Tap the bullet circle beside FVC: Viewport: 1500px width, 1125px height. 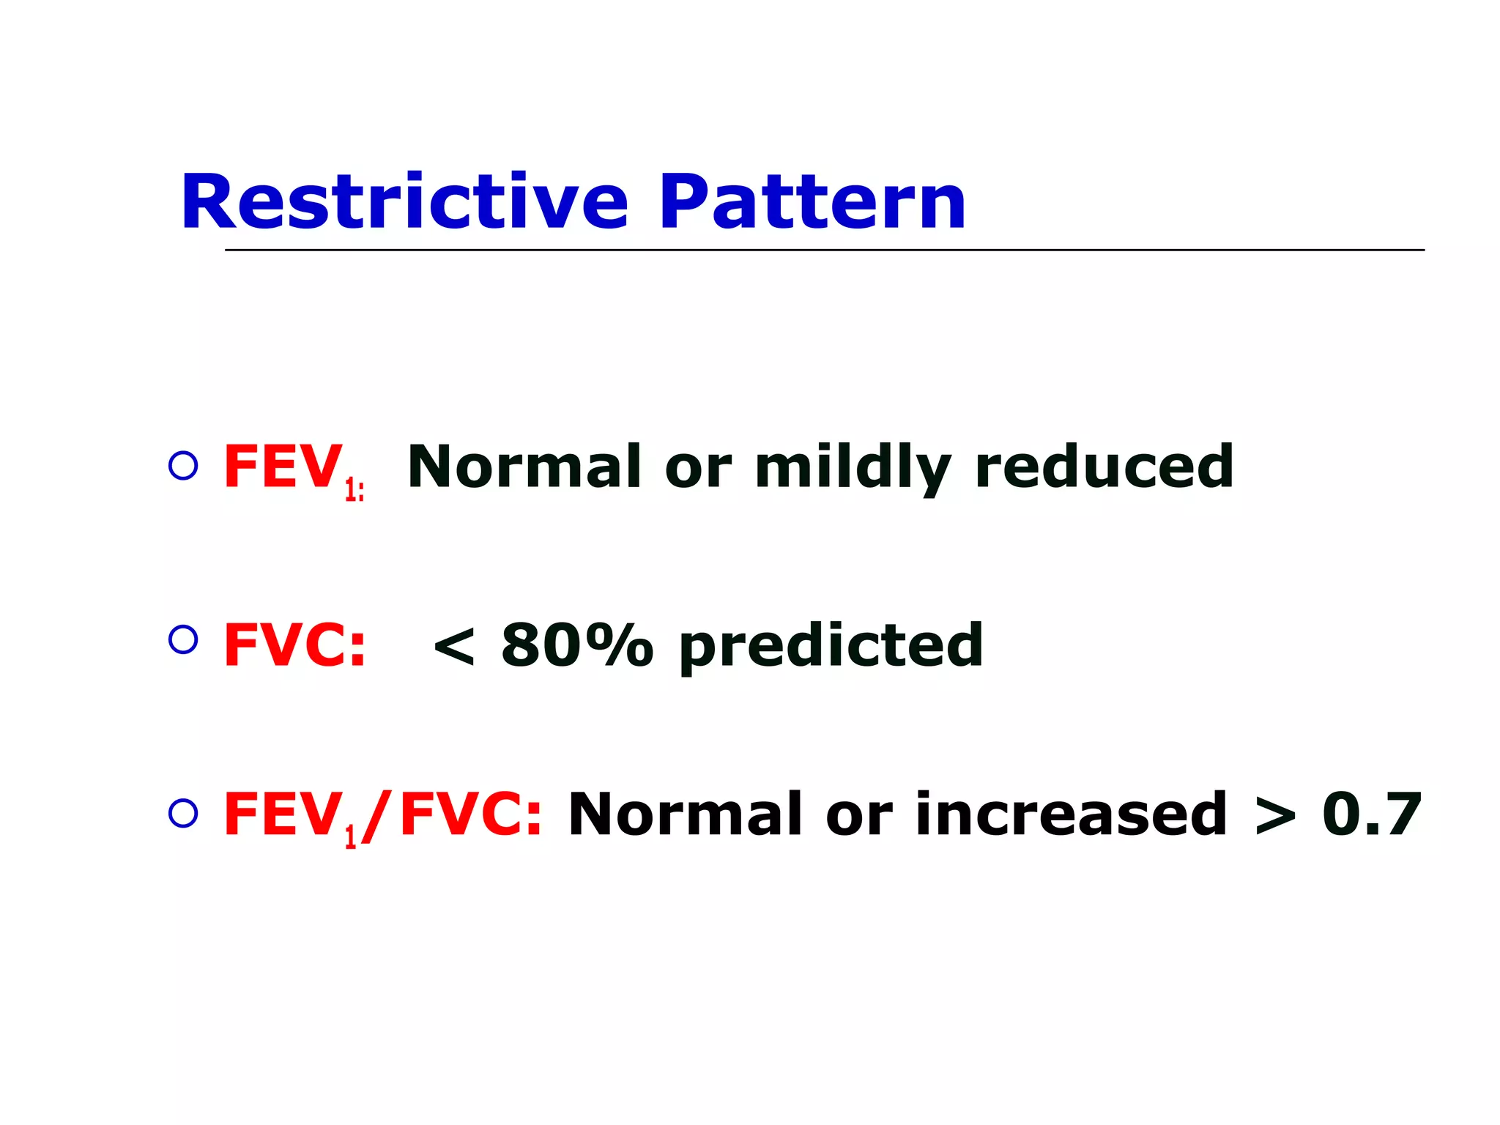click(x=183, y=640)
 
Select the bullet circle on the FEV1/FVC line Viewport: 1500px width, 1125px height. click(x=183, y=814)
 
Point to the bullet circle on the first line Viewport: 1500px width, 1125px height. click(x=183, y=466)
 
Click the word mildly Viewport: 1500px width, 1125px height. click(x=853, y=469)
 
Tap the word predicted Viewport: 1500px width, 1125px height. click(x=831, y=647)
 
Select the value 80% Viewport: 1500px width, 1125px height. click(x=576, y=645)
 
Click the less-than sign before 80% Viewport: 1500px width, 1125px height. click(x=454, y=647)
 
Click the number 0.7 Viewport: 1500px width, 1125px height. click(x=1371, y=814)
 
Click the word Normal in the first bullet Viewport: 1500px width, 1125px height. click(x=524, y=467)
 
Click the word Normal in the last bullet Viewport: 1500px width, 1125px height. click(x=686, y=814)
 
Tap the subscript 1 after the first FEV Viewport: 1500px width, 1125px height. click(x=350, y=489)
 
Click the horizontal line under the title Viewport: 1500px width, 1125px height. click(x=824, y=250)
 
